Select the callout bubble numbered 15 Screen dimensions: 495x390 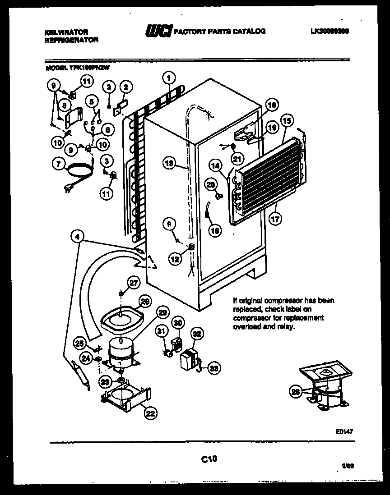(x=286, y=120)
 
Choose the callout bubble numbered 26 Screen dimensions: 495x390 (x=144, y=302)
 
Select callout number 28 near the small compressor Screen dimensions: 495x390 (x=296, y=392)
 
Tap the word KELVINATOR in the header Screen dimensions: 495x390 (x=66, y=32)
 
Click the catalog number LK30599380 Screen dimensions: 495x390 (x=330, y=32)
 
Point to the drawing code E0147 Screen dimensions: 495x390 (x=344, y=431)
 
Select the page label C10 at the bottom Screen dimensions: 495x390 (x=209, y=459)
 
